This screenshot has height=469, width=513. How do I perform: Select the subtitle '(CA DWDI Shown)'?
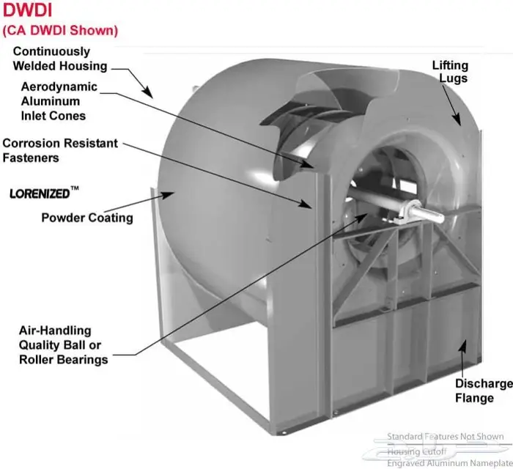[61, 31]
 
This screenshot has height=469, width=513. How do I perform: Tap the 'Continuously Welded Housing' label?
[59, 59]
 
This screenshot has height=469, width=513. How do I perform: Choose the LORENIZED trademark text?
[40, 194]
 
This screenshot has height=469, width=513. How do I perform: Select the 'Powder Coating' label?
[87, 218]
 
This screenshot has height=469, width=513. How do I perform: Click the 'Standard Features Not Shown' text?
[446, 437]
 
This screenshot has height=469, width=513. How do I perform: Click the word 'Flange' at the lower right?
[473, 399]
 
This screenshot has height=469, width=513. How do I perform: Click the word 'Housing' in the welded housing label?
[84, 66]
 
